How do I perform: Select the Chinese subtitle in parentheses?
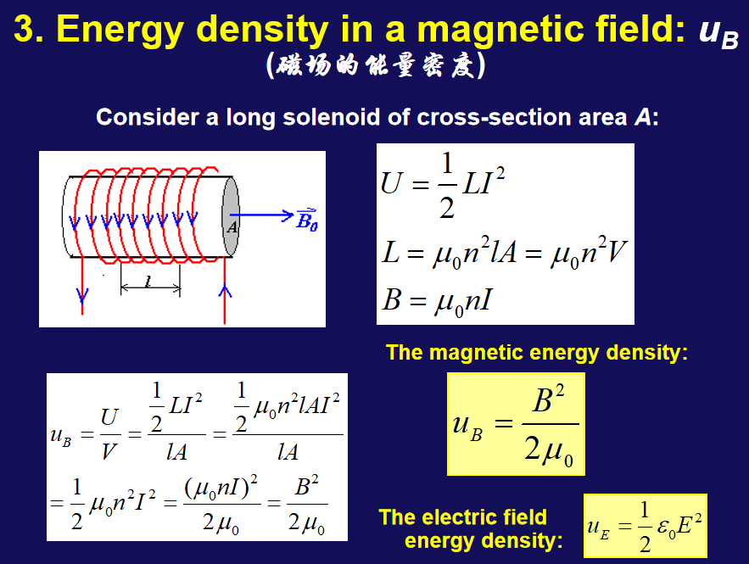[375, 65]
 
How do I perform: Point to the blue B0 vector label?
[307, 221]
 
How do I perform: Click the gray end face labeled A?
[232, 217]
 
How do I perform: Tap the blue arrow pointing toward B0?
[262, 215]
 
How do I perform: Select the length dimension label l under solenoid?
[148, 282]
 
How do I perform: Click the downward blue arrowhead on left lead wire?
[82, 296]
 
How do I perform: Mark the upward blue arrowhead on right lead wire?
[225, 291]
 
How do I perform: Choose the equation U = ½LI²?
[443, 185]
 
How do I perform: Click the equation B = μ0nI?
[437, 302]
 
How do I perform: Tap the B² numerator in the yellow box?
[548, 399]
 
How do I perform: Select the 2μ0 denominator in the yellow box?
[548, 450]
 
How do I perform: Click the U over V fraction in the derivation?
[109, 434]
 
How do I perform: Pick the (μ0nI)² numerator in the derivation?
[221, 487]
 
